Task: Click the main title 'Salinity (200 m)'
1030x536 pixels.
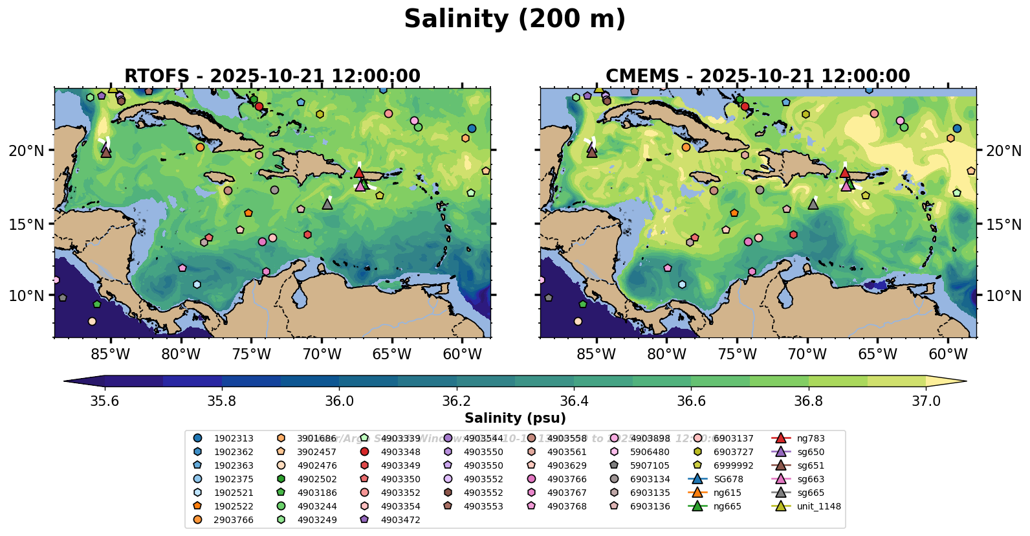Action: (x=514, y=19)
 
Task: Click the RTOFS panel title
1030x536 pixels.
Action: (x=272, y=76)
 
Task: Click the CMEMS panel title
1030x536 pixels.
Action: (x=758, y=76)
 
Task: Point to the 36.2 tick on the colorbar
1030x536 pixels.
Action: (x=456, y=401)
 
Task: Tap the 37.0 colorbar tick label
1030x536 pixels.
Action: (x=926, y=401)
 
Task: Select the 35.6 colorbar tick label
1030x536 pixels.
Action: (x=104, y=401)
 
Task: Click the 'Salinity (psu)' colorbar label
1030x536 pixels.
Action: (x=515, y=418)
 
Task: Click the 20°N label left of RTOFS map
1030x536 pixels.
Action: (x=27, y=151)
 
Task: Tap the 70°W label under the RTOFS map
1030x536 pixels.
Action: (x=322, y=355)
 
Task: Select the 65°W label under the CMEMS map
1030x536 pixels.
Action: (x=877, y=355)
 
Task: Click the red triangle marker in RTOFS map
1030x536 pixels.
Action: (x=359, y=172)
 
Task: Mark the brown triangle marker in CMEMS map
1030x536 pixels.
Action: (x=591, y=152)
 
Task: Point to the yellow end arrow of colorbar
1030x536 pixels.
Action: (x=946, y=382)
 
